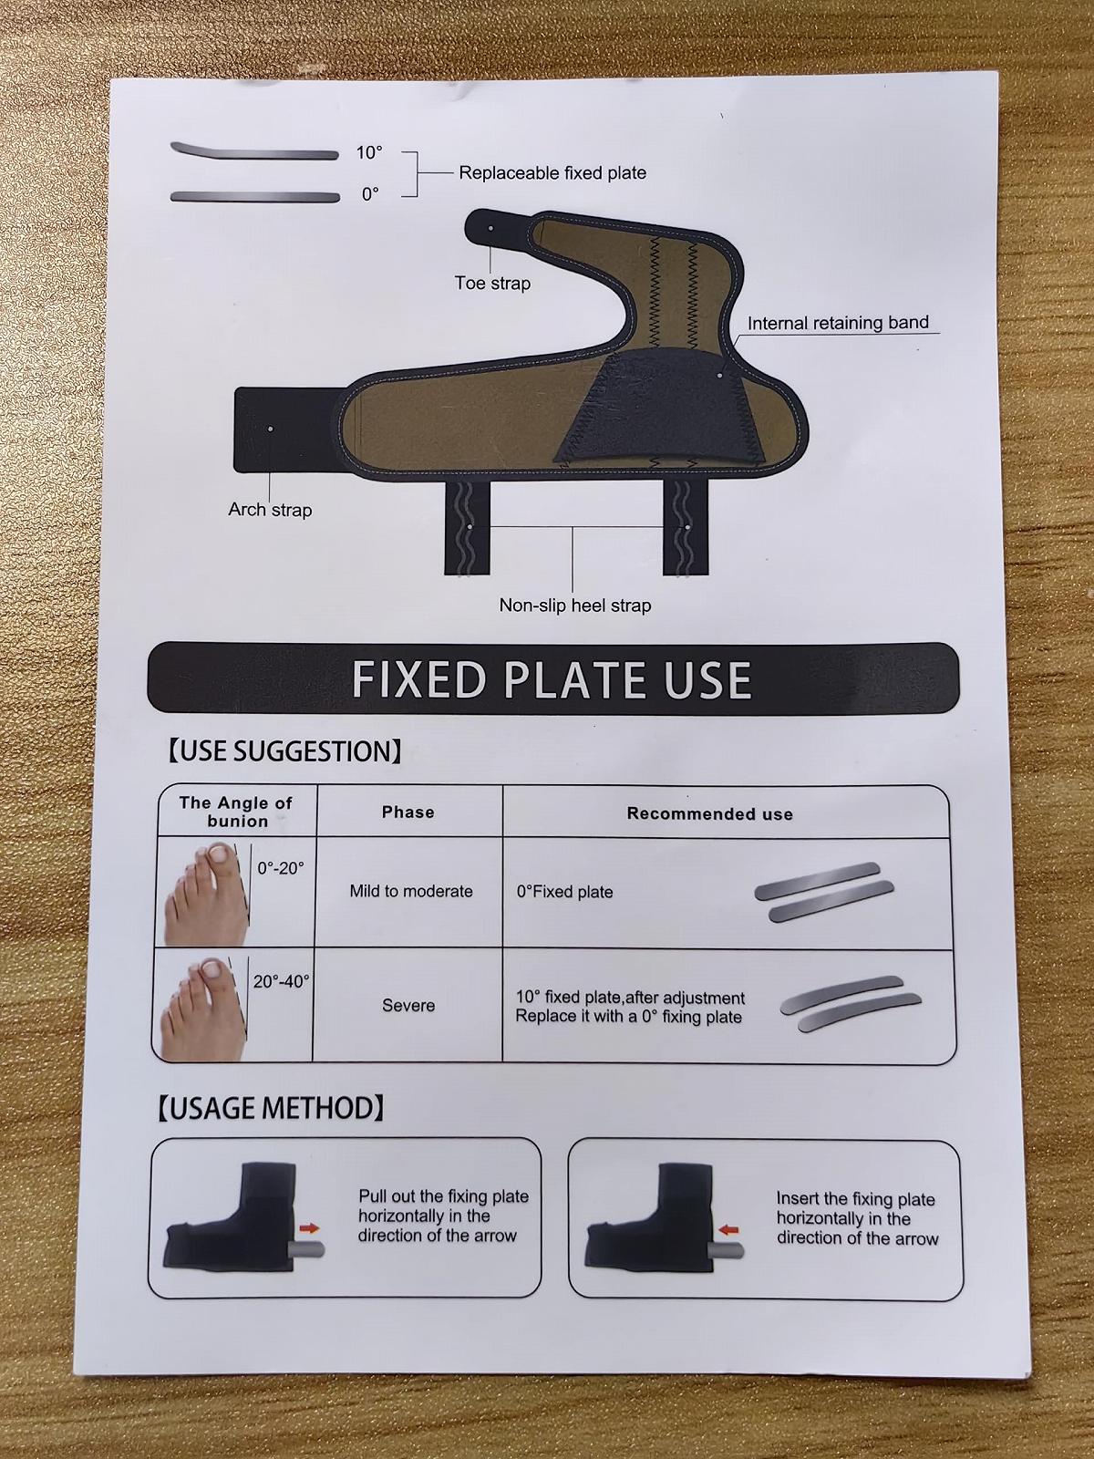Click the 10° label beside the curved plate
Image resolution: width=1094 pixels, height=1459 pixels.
pyautogui.click(x=369, y=153)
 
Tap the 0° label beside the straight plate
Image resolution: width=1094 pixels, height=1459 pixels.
pyautogui.click(x=371, y=194)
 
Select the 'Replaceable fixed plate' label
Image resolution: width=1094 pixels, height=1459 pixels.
pyautogui.click(x=552, y=173)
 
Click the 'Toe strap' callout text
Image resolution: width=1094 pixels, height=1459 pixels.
pyautogui.click(x=492, y=284)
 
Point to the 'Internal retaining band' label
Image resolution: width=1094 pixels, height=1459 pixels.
pyautogui.click(x=838, y=323)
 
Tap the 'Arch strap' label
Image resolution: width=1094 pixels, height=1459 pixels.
pyautogui.click(x=270, y=510)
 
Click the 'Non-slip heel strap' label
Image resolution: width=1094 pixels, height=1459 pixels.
pyautogui.click(x=574, y=605)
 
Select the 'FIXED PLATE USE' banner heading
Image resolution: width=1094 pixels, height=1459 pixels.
pyautogui.click(x=552, y=679)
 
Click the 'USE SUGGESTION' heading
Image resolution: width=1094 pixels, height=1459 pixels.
pyautogui.click(x=284, y=751)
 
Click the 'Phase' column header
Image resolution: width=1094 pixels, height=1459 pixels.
pyautogui.click(x=408, y=812)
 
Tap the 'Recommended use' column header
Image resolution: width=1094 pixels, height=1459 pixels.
pyautogui.click(x=709, y=814)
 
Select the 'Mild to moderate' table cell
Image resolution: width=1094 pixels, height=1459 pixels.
pyautogui.click(x=411, y=891)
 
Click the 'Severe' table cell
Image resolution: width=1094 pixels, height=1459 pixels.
pyautogui.click(x=408, y=1006)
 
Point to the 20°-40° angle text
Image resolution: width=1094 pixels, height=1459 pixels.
pyautogui.click(x=281, y=981)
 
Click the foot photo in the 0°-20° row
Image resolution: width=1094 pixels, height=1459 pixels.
pyautogui.click(x=206, y=894)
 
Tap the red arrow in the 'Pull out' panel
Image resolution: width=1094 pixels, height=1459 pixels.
pyautogui.click(x=309, y=1227)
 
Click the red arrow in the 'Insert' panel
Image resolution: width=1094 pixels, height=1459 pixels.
pyautogui.click(x=729, y=1230)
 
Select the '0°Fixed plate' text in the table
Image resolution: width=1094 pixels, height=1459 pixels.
pyautogui.click(x=564, y=892)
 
